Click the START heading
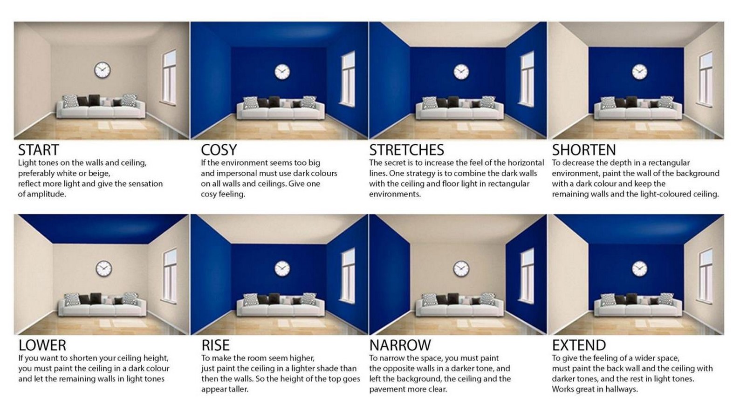[x=38, y=150]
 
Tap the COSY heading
[x=219, y=150]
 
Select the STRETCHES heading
[x=406, y=150]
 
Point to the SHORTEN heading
[x=584, y=150]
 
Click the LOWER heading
[x=42, y=345]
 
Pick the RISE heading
[x=215, y=345]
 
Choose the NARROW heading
[x=400, y=345]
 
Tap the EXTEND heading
[x=579, y=345]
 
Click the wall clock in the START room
[x=103, y=70]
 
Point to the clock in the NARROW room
[x=461, y=269]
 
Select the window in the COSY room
[x=348, y=79]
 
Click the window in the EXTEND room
[x=706, y=276]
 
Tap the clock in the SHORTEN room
[x=639, y=72]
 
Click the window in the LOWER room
[x=169, y=276]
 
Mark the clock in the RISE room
[x=282, y=269]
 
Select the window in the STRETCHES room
[x=527, y=79]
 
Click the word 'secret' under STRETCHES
[x=396, y=162]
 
